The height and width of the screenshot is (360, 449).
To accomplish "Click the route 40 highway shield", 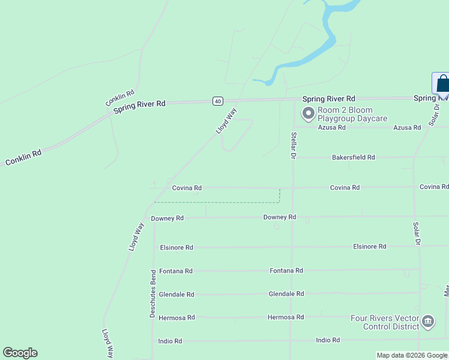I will coord(217,101).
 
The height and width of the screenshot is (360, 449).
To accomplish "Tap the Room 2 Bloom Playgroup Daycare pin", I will coord(309,113).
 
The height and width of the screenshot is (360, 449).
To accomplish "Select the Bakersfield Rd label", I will coord(353,157).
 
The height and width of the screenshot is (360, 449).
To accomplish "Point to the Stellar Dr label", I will coord(294,145).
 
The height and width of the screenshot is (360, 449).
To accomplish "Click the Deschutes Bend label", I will coord(153,293).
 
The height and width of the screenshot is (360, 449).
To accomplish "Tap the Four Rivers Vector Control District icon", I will coord(428,322).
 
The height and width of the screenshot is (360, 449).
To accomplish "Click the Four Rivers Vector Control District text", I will coord(384,322).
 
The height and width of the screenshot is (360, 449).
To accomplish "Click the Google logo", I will coord(20,353).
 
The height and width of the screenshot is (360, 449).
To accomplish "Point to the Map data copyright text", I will coord(412,355).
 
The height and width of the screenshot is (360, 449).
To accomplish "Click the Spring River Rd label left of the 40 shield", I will coord(140,104).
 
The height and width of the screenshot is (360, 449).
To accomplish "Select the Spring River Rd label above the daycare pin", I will coord(328,98).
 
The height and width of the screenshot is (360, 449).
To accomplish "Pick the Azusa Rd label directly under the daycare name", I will coord(332,127).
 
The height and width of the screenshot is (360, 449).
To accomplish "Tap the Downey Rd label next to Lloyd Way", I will coord(167,218).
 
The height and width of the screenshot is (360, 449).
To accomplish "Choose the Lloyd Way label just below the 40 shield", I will coord(227,121).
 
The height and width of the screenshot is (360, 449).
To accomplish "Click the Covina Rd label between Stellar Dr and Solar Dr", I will coord(345,188).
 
